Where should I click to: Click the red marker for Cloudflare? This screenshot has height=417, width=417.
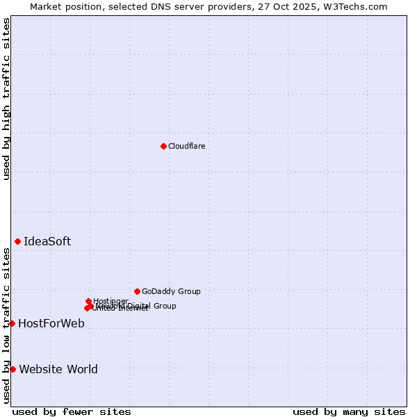[163, 146]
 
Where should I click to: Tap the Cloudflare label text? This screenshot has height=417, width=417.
[186, 146]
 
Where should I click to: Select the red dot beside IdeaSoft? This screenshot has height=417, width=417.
[17, 241]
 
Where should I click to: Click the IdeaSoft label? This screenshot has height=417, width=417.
[47, 242]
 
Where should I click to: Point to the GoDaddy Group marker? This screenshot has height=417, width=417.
[137, 291]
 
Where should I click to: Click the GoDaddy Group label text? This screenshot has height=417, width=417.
[171, 291]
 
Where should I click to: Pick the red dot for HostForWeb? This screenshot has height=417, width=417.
[12, 323]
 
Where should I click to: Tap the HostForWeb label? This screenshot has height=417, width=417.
[51, 323]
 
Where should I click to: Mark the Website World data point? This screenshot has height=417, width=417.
[13, 369]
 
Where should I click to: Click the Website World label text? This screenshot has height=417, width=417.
[58, 369]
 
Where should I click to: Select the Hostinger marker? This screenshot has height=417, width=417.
[88, 301]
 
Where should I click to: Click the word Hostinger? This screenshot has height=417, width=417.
[111, 300]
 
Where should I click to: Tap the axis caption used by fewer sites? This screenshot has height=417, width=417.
[72, 411]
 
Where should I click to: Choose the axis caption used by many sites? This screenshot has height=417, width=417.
[349, 411]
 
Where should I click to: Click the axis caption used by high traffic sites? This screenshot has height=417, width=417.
[6, 99]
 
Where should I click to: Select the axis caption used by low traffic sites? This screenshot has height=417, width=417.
[6, 325]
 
